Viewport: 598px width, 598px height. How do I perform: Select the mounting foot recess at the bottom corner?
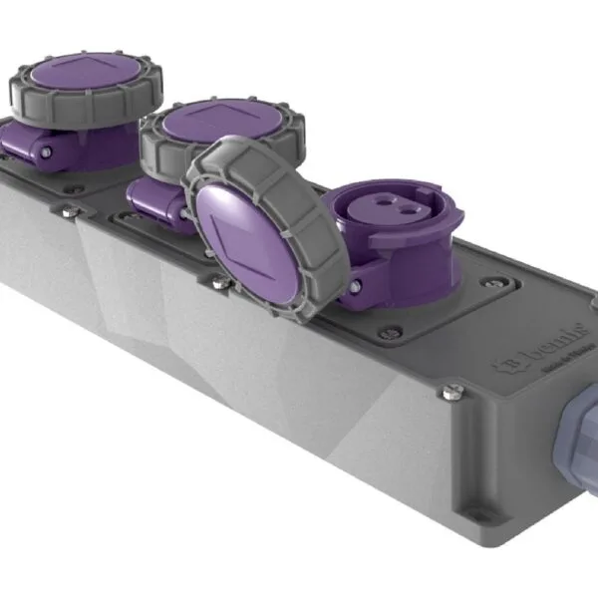point(477,517)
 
